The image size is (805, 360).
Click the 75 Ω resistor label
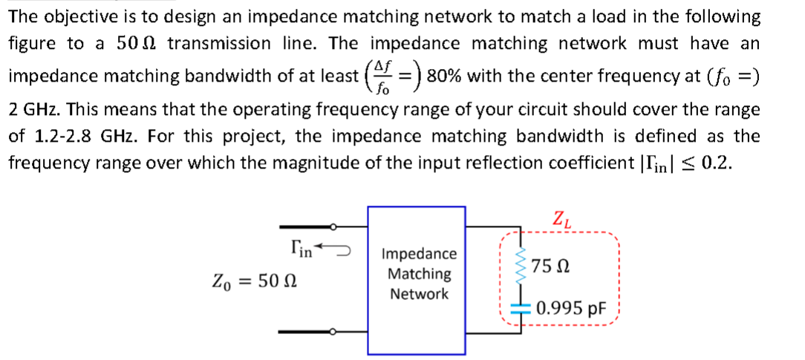558,265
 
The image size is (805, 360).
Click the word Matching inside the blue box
419,274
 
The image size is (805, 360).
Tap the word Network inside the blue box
419,294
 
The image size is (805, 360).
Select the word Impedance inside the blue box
419,255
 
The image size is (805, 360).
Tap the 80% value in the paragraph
444,76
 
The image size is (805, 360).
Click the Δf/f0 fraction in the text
381,76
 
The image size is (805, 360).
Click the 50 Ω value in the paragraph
134,44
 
